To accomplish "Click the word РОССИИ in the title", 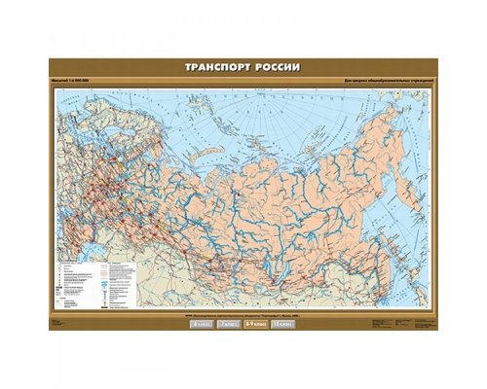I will (277, 68).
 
